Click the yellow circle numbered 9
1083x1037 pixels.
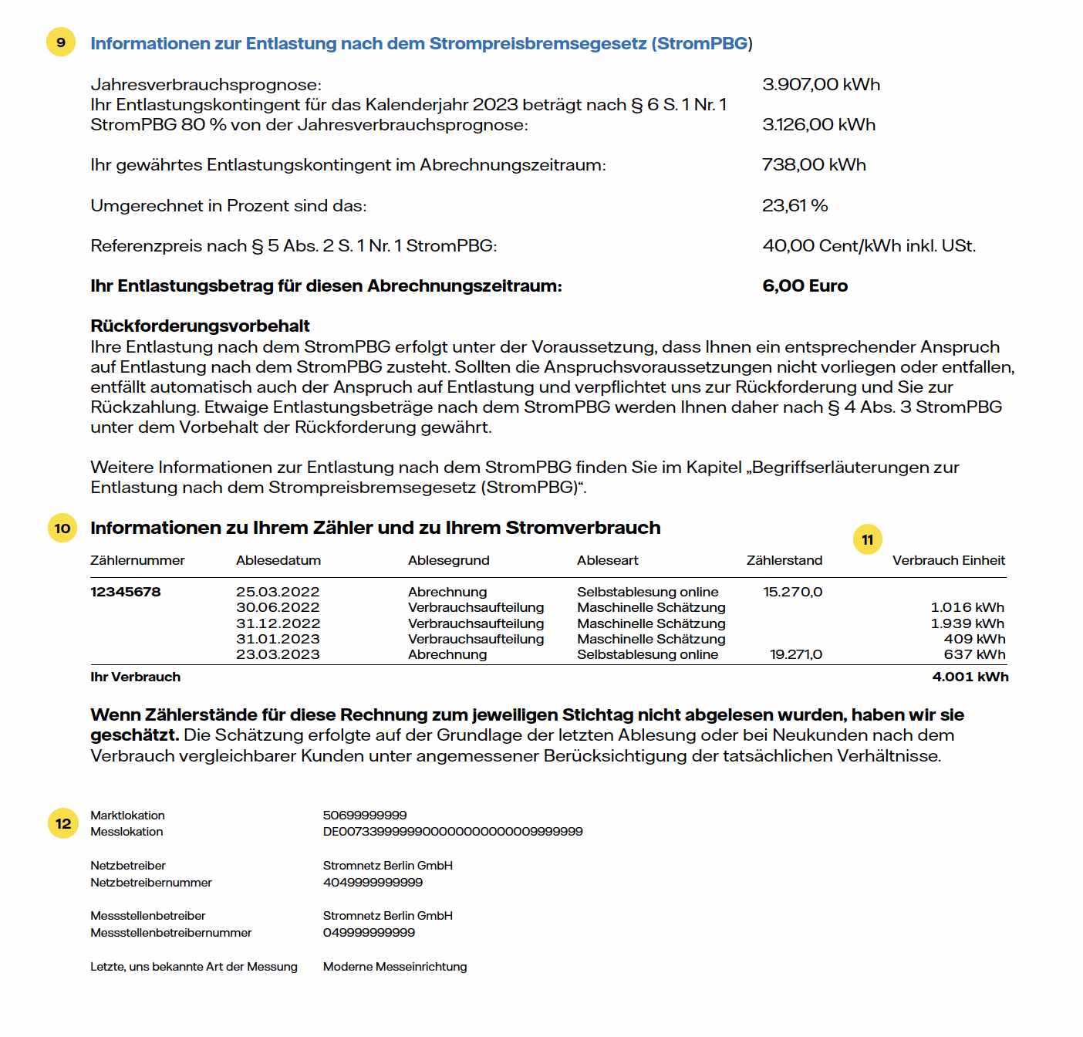(61, 42)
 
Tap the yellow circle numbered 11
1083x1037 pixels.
(867, 539)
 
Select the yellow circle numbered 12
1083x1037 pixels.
(63, 823)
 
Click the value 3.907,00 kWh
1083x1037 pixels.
(821, 84)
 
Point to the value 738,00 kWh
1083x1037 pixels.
(814, 164)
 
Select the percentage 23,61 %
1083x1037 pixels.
(795, 205)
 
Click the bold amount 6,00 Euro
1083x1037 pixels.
(805, 285)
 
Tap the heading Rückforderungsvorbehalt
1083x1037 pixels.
(200, 326)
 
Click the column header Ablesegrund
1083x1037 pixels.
(448, 560)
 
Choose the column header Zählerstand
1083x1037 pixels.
(784, 560)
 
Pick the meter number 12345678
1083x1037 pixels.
(126, 592)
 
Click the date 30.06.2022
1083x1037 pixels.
(278, 607)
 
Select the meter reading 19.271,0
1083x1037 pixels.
(796, 654)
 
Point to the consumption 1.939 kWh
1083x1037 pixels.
(967, 623)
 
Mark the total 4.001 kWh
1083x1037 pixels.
(970, 677)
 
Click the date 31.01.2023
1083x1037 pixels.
(278, 639)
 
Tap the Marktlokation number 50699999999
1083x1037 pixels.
(365, 815)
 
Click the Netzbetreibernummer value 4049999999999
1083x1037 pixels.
(373, 882)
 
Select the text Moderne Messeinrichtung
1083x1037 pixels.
(395, 966)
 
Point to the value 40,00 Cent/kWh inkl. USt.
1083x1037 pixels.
(869, 245)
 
